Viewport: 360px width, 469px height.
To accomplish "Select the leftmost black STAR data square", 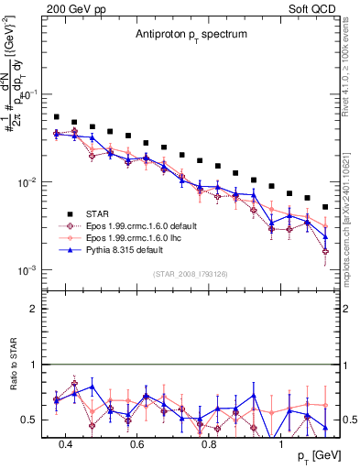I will [57, 117].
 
